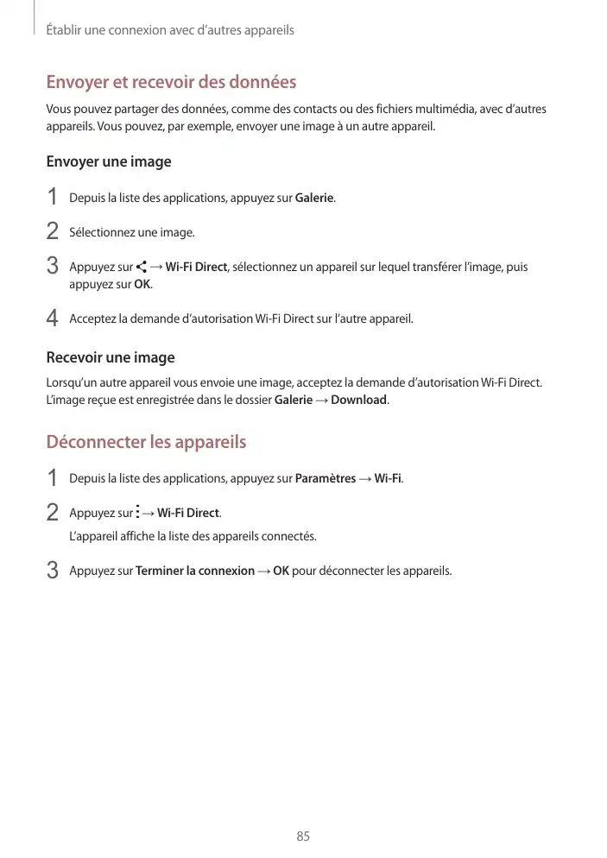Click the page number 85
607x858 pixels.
(x=303, y=836)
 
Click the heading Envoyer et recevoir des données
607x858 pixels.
(x=171, y=83)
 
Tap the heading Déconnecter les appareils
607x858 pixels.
(x=146, y=443)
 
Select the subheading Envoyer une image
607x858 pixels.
(x=109, y=162)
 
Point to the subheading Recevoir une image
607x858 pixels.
(x=110, y=357)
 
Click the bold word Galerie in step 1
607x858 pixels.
(x=314, y=199)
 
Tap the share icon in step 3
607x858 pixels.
(x=141, y=267)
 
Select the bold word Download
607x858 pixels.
(x=359, y=401)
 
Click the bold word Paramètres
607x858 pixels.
(x=326, y=478)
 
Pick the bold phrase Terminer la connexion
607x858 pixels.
(x=195, y=571)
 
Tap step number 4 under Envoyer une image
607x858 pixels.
(x=52, y=319)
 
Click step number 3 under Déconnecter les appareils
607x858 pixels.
(x=52, y=571)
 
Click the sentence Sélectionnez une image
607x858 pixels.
(x=131, y=233)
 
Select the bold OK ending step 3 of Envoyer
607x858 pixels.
(x=142, y=285)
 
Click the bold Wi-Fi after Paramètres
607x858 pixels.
(x=388, y=478)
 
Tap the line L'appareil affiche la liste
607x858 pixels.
(x=193, y=537)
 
